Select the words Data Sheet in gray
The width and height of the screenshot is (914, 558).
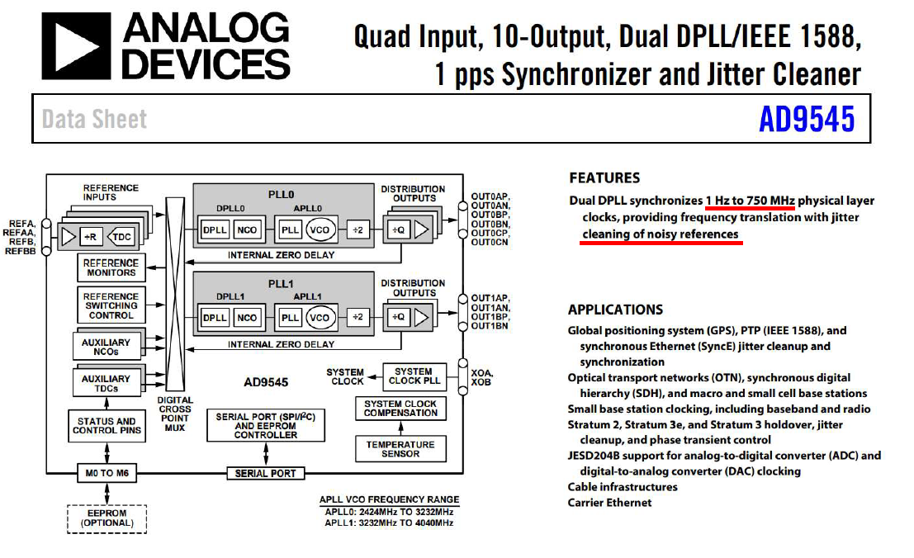point(94,120)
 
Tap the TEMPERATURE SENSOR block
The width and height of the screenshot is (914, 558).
point(400,449)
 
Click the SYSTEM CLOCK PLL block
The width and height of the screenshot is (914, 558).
point(413,376)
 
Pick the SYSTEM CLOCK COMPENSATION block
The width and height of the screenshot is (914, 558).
point(400,408)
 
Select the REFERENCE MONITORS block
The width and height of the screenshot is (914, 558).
point(111,267)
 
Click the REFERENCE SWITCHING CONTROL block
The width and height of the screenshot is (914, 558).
point(111,305)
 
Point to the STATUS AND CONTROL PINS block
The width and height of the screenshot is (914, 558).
point(107,426)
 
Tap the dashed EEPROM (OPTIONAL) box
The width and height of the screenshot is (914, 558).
point(107,518)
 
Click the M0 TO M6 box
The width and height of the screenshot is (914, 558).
point(107,473)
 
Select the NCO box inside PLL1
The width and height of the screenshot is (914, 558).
point(247,318)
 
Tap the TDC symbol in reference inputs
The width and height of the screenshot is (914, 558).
point(122,237)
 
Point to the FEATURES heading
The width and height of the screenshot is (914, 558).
point(604,177)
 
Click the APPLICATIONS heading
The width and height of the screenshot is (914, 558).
point(615,310)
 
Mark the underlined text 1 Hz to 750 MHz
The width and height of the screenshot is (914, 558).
point(750,201)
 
